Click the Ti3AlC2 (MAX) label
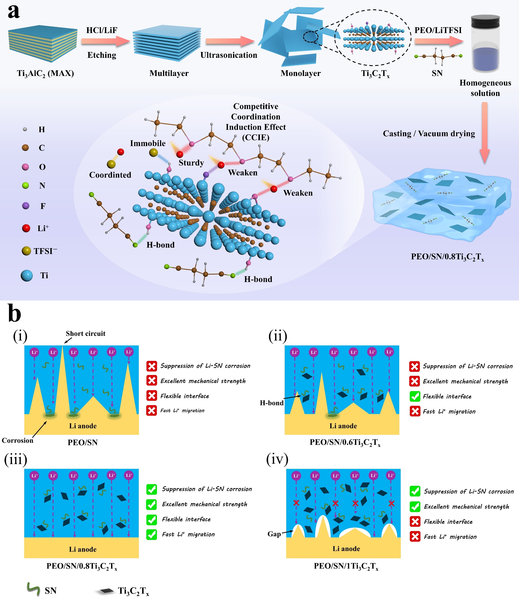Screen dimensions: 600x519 pos(46,73)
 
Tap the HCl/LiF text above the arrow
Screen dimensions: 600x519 pos(102,30)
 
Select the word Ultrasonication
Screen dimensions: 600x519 pos(228,55)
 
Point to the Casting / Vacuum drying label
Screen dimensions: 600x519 pos(429,134)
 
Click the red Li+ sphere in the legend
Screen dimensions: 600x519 pos(26,228)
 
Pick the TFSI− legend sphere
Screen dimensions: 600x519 pos(26,251)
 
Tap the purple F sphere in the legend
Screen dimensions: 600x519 pos(26,206)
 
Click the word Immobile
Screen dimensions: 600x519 pos(148,143)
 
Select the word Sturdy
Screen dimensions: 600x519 pos(191,163)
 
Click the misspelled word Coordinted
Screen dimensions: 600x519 pos(110,175)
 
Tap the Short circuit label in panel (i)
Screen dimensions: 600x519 pos(85,333)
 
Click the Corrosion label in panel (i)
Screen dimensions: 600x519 pos(17,440)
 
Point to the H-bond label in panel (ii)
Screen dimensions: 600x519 pos(271,403)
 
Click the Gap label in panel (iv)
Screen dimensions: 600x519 pos(274,534)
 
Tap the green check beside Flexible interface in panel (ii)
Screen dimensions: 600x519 pos(415,396)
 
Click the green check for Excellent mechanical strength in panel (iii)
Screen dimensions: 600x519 pos(152,504)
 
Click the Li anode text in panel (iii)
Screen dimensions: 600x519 pos(83,549)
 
